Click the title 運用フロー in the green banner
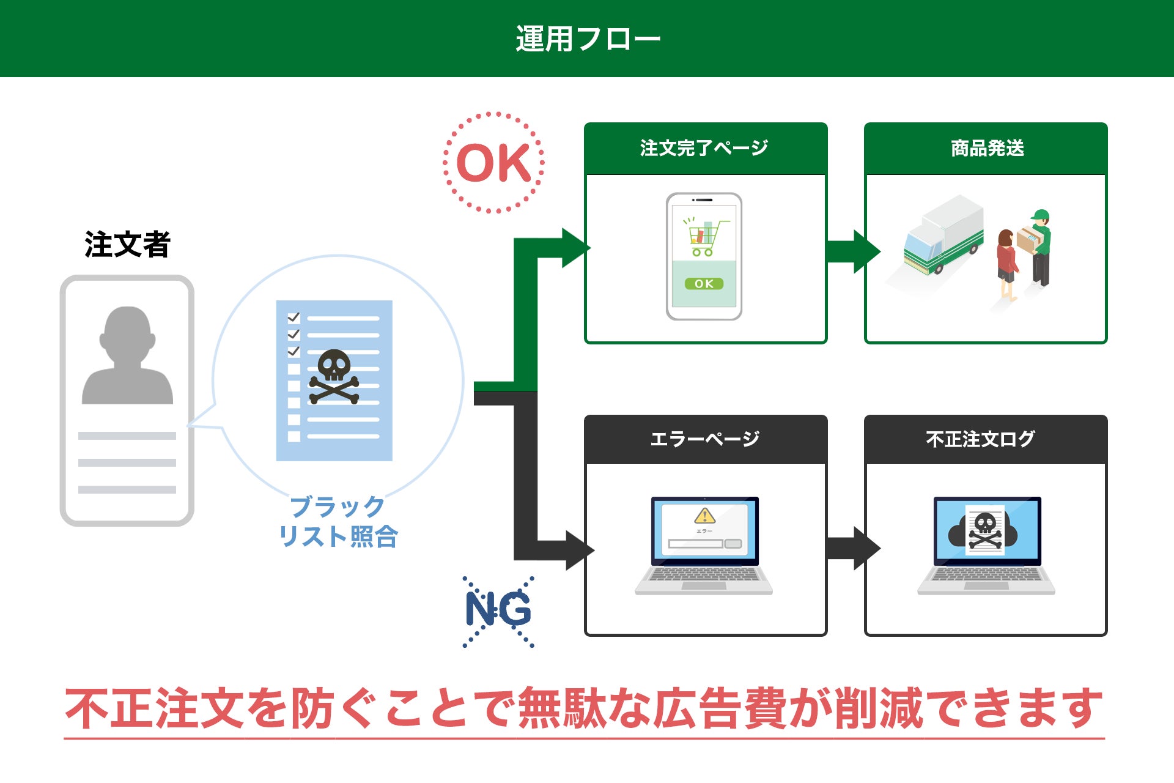pos(588,39)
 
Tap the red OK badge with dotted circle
pos(493,163)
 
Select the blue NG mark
pos(498,610)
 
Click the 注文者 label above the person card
pos(127,245)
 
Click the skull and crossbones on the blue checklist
pos(334,376)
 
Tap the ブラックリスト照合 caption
pos(338,522)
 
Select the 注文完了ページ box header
pos(705,148)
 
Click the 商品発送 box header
pos(986,148)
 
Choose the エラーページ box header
pos(705,439)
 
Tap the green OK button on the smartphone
pos(704,284)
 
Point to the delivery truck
pos(942,239)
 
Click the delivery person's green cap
pos(1040,215)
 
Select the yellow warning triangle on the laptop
pos(704,516)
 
